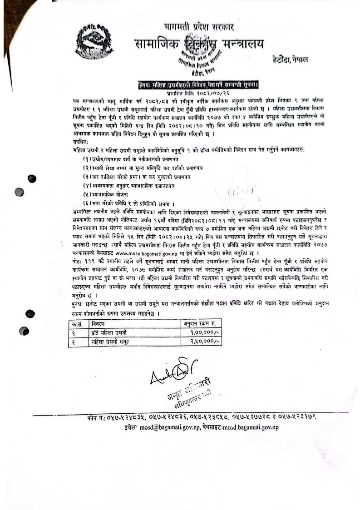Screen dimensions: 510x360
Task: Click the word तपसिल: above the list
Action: [82, 142]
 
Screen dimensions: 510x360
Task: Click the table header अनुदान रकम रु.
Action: [202, 324]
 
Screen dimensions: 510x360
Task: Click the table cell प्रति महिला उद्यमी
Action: [108, 333]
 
